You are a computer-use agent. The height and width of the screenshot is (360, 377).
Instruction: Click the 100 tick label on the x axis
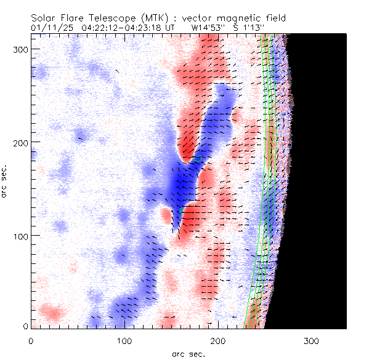(124, 340)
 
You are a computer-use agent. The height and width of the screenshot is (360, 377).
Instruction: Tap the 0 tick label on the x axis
(31, 340)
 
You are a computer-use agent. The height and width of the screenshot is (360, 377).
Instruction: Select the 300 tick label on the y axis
(20, 48)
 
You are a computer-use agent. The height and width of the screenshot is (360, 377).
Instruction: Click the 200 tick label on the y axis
(20, 142)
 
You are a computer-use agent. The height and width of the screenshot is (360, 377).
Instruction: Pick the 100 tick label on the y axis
(20, 236)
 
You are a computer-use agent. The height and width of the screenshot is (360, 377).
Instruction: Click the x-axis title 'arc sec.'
(188, 354)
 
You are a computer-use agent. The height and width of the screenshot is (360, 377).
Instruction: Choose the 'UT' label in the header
(171, 27)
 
